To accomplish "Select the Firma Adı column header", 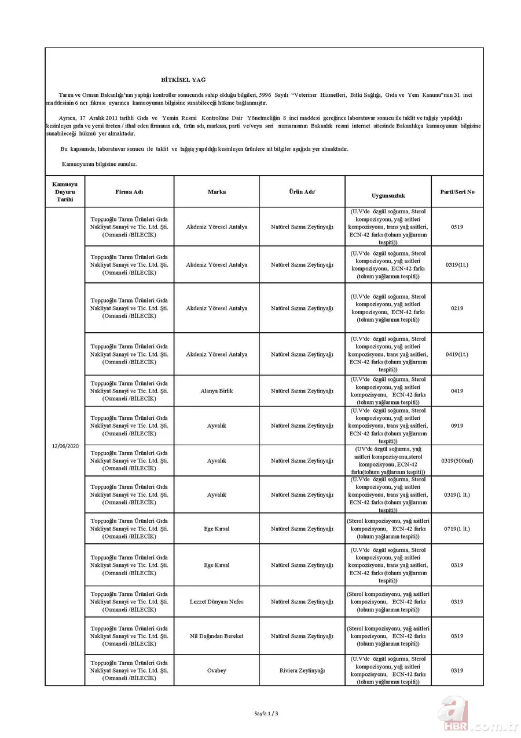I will [x=129, y=192].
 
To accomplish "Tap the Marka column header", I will [x=217, y=192].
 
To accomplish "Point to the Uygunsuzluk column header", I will [x=388, y=196].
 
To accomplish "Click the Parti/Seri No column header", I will [x=457, y=192].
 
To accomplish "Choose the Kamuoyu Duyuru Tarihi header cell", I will [x=65, y=192].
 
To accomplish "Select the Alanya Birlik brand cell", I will [x=217, y=391].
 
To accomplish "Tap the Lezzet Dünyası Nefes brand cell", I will [x=217, y=602].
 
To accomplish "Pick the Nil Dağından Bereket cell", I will [x=217, y=636].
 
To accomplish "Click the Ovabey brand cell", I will [x=217, y=671].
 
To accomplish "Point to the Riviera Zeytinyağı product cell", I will [x=302, y=671].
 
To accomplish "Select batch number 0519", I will [x=457, y=227].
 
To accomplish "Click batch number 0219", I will [x=457, y=308].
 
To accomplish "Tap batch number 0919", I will [x=457, y=426].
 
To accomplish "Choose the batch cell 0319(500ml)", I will [x=457, y=461].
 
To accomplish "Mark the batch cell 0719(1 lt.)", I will [x=457, y=529].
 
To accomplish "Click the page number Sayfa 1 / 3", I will [x=266, y=714].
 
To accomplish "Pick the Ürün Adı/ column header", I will [x=302, y=192].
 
